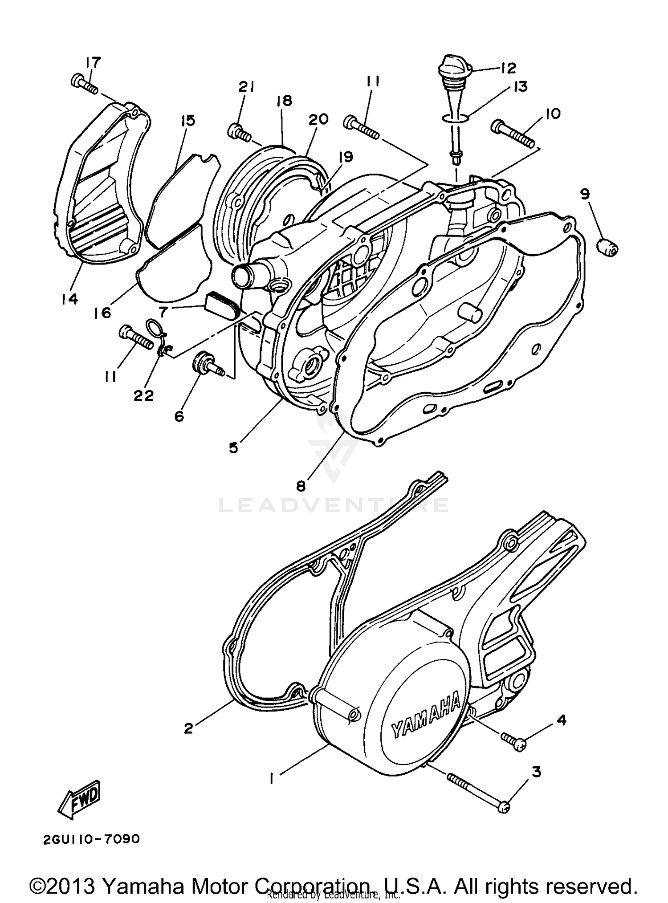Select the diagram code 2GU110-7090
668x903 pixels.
(92, 839)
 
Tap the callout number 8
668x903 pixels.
(301, 486)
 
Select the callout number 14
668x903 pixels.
(70, 298)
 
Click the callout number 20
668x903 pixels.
(318, 119)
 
